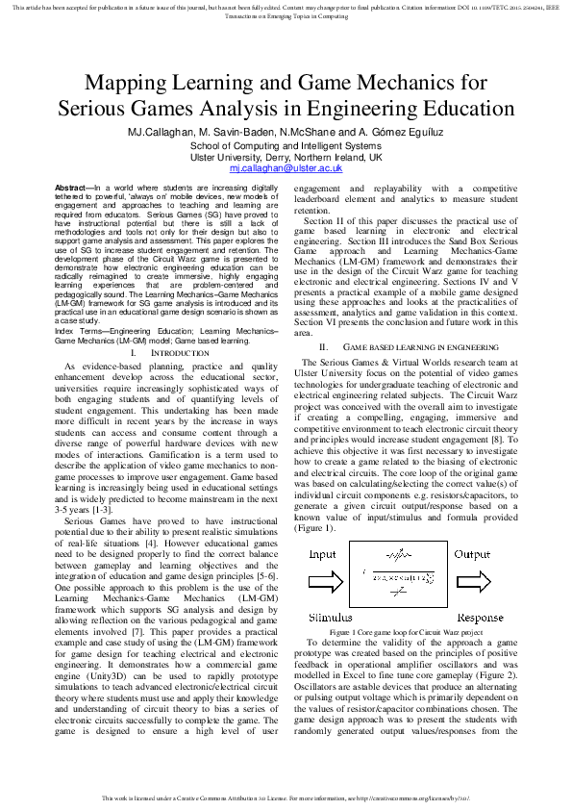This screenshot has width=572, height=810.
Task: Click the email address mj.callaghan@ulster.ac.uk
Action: click(286, 167)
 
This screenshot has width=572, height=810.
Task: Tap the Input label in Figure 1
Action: click(322, 555)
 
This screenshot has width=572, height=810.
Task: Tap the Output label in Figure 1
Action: click(472, 555)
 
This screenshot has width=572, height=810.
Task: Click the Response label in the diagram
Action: click(480, 617)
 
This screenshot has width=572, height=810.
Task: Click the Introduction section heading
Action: click(180, 355)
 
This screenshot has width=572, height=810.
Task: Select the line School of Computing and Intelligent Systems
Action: click(286, 145)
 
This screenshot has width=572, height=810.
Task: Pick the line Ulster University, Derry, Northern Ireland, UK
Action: click(286, 157)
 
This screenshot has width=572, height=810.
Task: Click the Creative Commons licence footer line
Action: click(286, 798)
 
